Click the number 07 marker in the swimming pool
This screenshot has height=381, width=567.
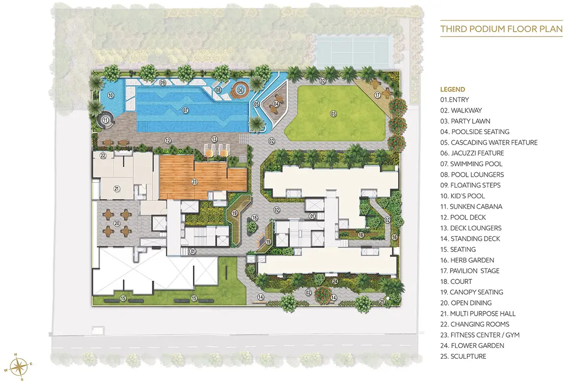185,110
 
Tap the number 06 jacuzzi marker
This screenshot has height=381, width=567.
240,90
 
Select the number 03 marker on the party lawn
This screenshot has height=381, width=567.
334,114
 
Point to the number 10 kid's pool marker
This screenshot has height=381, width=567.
111,95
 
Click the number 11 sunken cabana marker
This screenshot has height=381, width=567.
105,120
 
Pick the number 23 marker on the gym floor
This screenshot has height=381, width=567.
194,182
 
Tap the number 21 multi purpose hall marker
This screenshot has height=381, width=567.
117,189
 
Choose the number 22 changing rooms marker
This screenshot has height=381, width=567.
103,156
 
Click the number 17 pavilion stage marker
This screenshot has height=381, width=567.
378,95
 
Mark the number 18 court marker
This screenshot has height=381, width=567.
255,218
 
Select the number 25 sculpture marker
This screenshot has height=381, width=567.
382,301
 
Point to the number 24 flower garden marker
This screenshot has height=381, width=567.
335,281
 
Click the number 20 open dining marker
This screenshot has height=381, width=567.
117,224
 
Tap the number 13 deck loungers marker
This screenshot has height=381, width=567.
215,139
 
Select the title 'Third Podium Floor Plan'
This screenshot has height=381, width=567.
501,29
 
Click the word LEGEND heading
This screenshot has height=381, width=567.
453,89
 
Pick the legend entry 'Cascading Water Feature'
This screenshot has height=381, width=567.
489,143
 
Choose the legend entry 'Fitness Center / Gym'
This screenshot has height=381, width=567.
480,335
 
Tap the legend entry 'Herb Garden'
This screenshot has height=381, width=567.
467,260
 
